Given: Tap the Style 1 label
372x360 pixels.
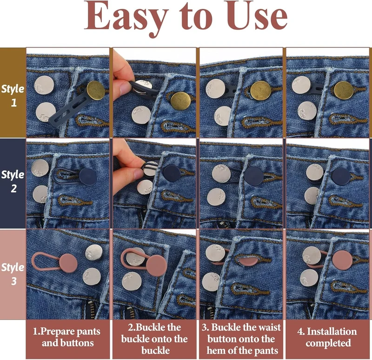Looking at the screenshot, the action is click(x=13, y=95).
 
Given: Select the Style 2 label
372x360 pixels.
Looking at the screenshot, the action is click(x=13, y=181).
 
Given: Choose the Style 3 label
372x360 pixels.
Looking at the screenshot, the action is click(x=13, y=274).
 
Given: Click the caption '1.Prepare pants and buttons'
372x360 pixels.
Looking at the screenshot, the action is click(x=67, y=337).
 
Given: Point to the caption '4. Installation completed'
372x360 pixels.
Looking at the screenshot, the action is click(x=327, y=337).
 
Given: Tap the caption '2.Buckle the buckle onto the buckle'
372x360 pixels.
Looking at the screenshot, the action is click(x=154, y=339).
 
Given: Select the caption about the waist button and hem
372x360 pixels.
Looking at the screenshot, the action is click(x=241, y=339).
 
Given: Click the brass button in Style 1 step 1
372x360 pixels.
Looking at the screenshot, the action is click(x=95, y=90).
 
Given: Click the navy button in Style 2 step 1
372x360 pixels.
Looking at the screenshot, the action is click(x=88, y=177).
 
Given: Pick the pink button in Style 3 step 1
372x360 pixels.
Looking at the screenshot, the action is click(x=68, y=263).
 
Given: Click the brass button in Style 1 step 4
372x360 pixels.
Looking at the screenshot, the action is click(x=344, y=90).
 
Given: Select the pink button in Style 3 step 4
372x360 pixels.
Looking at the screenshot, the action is click(x=342, y=260).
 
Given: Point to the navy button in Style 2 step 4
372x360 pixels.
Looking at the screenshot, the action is click(x=341, y=176).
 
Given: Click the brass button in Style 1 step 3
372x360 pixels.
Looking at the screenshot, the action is click(x=261, y=90).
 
